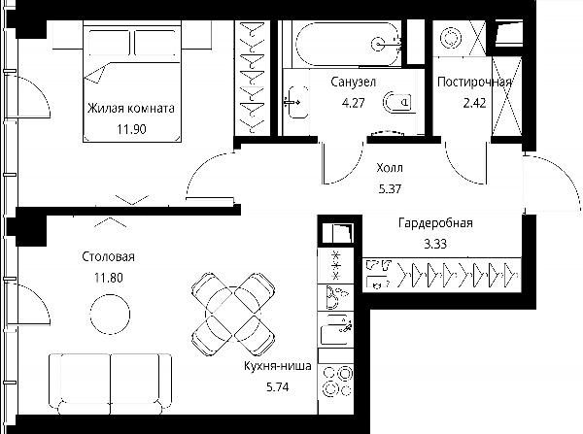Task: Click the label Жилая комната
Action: [x=131, y=109]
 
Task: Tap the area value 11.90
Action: [x=131, y=129]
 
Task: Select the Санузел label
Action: [x=354, y=83]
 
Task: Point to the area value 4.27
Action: [x=354, y=103]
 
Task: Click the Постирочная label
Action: [x=474, y=82]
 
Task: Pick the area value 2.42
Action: [x=474, y=103]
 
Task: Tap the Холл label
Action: [x=390, y=168]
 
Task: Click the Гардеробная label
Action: [x=435, y=223]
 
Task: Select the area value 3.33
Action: [x=435, y=244]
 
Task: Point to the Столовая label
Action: [x=108, y=256]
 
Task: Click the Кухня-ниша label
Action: [x=278, y=366]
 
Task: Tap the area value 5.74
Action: [x=278, y=387]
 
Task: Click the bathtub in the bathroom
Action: [x=349, y=45]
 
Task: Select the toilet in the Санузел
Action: [x=397, y=102]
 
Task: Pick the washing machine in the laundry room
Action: [x=451, y=38]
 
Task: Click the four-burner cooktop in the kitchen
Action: [x=337, y=382]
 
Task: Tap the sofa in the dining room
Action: [x=110, y=384]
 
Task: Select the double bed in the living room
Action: [x=132, y=82]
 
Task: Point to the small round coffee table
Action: [x=110, y=314]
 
